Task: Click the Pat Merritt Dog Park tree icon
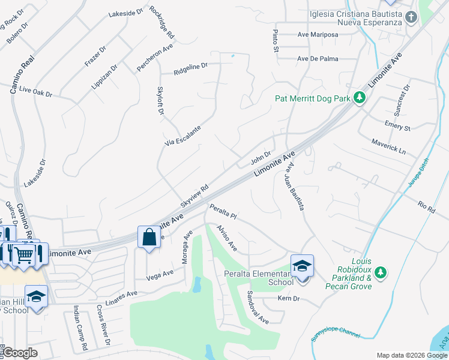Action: click(x=360, y=98)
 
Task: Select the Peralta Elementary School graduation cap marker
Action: click(x=302, y=265)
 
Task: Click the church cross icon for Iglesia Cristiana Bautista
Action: click(x=411, y=16)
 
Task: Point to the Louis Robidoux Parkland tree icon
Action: click(x=380, y=273)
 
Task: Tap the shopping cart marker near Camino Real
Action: click(x=23, y=254)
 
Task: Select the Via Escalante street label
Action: click(x=182, y=136)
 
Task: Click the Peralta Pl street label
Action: click(x=223, y=212)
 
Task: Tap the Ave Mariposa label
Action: click(x=318, y=35)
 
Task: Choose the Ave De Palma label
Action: click(x=318, y=59)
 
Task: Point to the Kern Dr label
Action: click(x=288, y=298)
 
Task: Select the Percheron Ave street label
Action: click(x=155, y=58)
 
